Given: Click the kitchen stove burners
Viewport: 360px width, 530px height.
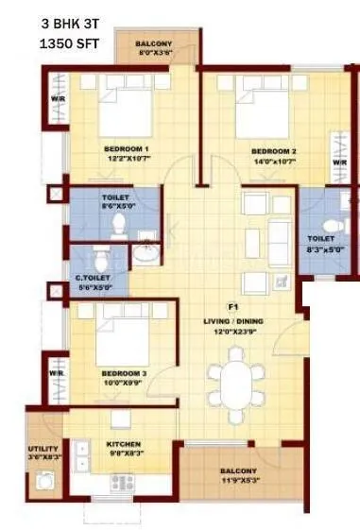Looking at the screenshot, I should pyautogui.click(x=121, y=482).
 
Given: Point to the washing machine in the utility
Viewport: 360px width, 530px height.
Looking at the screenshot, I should pyautogui.click(x=43, y=482).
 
